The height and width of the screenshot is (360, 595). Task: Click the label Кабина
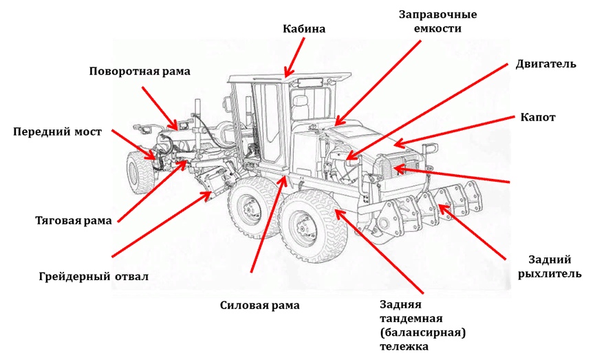[x=303, y=29]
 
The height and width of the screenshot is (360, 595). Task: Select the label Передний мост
[x=57, y=131]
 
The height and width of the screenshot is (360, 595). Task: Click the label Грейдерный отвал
[x=94, y=277]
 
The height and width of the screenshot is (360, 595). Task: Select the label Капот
[x=538, y=118]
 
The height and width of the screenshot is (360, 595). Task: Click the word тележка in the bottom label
[x=404, y=346]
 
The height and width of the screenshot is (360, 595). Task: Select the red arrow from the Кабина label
[x=294, y=58]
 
